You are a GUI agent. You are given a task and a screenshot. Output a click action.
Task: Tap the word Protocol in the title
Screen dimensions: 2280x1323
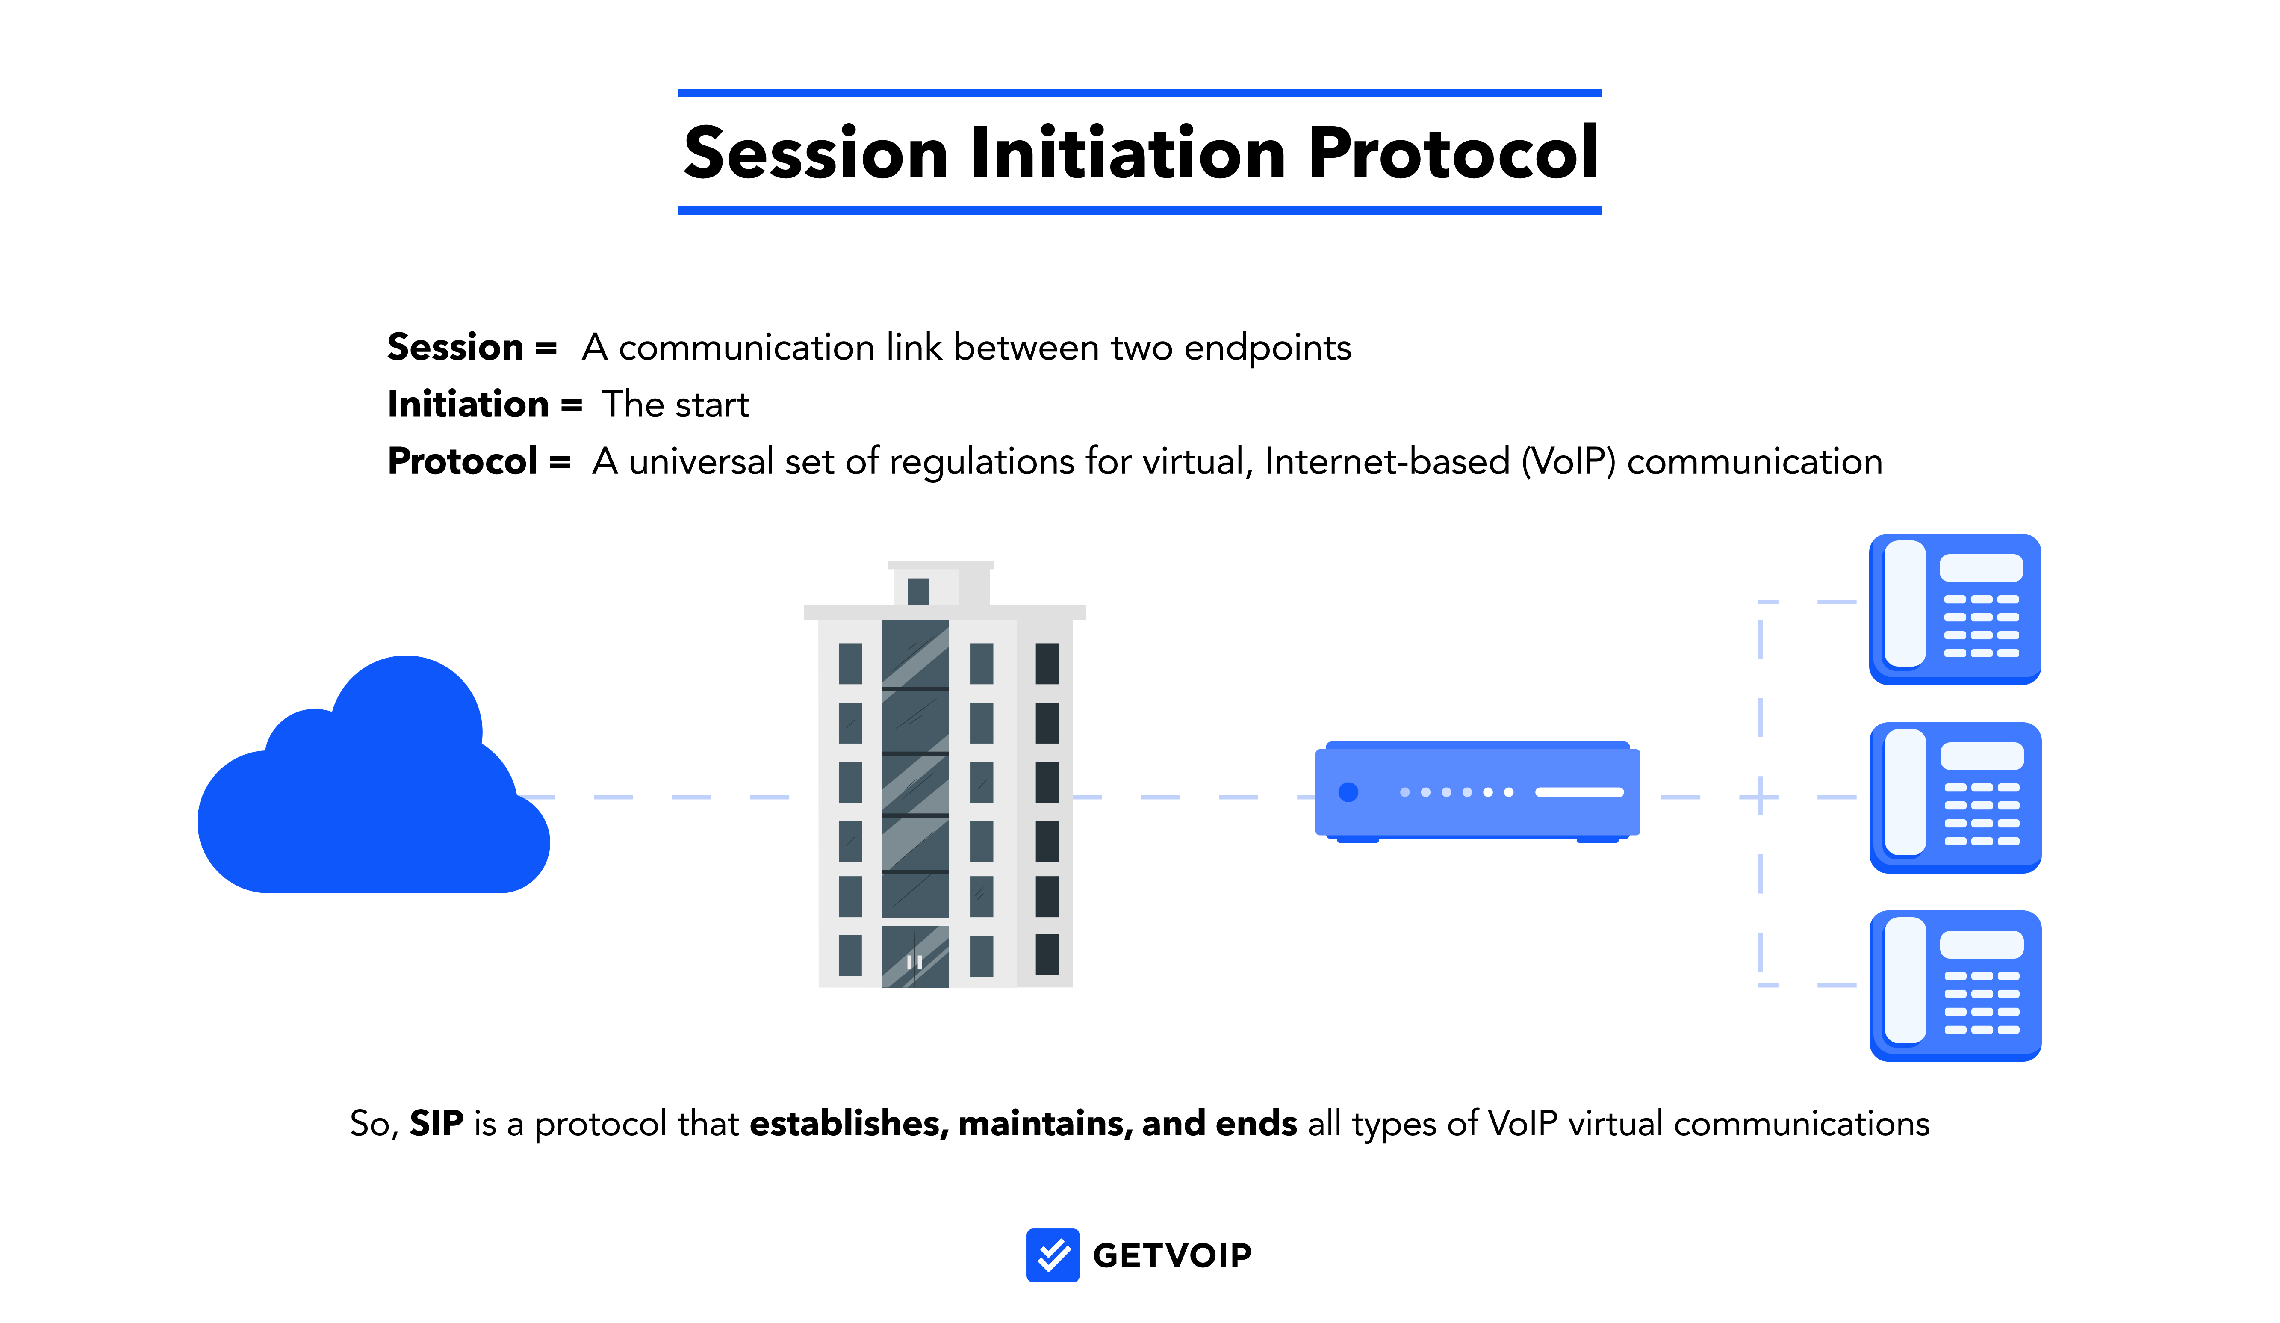pyautogui.click(x=1453, y=153)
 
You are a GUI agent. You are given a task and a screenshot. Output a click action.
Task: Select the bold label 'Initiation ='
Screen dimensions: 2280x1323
pyautogui.click(x=484, y=405)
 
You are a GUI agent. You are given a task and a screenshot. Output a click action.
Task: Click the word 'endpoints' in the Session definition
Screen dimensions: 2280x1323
pyautogui.click(x=1267, y=348)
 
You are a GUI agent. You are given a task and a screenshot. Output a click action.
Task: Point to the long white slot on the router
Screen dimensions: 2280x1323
pyautogui.click(x=1579, y=792)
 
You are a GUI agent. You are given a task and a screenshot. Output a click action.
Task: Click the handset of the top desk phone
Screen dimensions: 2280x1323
pyautogui.click(x=1905, y=604)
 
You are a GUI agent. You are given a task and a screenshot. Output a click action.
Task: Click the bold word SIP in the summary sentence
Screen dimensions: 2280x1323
pyautogui.click(x=436, y=1124)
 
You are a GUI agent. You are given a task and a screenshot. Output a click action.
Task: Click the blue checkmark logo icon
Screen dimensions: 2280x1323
pyautogui.click(x=1052, y=1255)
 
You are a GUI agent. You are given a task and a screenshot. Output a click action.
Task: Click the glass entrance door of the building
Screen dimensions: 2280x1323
pyautogui.click(x=915, y=957)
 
